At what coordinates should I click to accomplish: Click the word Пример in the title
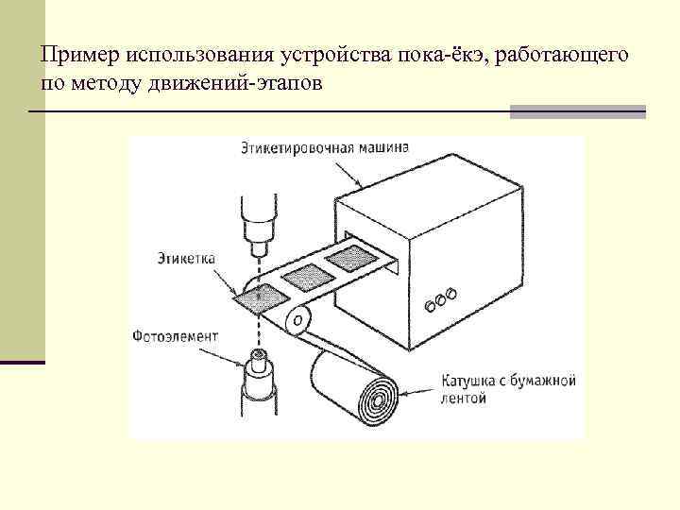click(73, 57)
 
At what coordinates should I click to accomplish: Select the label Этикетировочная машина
click(324, 148)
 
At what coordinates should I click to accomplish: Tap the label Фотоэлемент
click(176, 335)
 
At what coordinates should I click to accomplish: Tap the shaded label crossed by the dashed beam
click(256, 299)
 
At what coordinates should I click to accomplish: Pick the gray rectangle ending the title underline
click(577, 112)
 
